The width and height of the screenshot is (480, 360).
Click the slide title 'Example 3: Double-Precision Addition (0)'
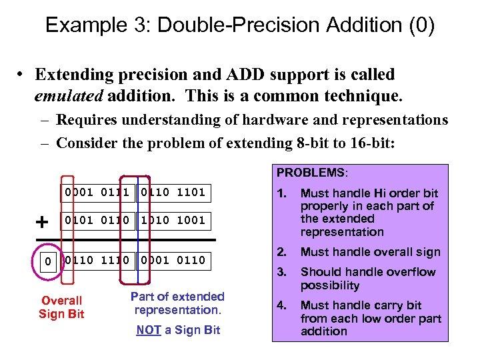click(x=240, y=25)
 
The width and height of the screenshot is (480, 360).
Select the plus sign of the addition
click(x=42, y=221)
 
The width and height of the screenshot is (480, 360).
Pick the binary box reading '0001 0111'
click(x=97, y=193)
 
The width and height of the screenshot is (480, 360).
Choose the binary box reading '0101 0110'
click(x=97, y=220)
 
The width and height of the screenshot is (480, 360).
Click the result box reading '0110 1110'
click(x=97, y=260)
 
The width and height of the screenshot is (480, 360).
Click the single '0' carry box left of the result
click(x=47, y=261)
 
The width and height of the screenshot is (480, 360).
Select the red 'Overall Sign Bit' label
click(x=61, y=307)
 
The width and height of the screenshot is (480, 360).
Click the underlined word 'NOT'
click(x=148, y=330)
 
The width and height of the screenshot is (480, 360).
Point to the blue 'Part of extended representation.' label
click(x=177, y=303)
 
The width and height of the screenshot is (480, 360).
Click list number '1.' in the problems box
click(x=282, y=193)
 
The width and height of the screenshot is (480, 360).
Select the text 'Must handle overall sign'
click(x=370, y=252)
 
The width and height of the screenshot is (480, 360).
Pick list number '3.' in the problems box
click(x=282, y=272)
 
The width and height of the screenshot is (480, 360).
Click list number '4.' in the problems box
click(x=282, y=305)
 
